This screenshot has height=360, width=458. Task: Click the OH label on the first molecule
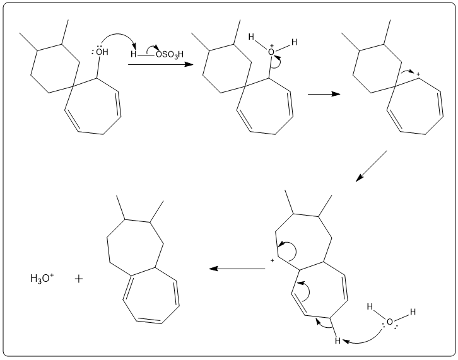coord(102,52)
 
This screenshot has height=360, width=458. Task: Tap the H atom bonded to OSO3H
coord(133,54)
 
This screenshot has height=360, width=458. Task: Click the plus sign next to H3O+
coord(79,277)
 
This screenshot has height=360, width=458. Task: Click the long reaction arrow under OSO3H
coord(161,64)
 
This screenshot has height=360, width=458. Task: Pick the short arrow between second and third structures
coord(324,94)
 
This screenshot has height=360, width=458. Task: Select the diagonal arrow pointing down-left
coord(371,166)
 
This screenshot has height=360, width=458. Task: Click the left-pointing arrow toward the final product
coord(237,269)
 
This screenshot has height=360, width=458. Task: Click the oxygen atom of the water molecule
coord(390,322)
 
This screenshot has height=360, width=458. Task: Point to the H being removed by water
coord(338,341)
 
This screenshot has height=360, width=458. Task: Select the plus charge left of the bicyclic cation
coord(273,260)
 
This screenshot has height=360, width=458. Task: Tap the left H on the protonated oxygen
coord(252,37)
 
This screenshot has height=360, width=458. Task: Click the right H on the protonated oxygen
coord(293,42)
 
